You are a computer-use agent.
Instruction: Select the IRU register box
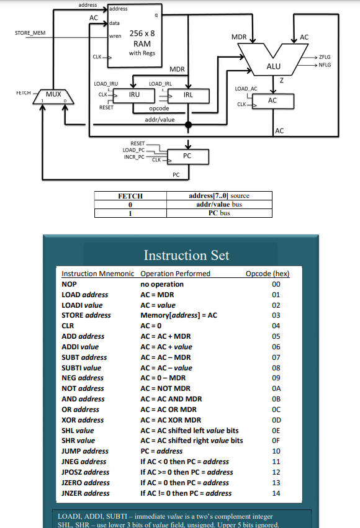134,95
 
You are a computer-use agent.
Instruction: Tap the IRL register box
188,95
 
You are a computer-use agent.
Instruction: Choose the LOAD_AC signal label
246,89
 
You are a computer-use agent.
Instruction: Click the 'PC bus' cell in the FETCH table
219,213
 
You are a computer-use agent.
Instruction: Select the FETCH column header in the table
130,196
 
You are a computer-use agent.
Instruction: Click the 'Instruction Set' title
186,255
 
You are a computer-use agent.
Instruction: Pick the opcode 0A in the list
276,388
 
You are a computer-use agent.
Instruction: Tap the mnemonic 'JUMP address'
85,451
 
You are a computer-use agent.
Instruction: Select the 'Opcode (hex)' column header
268,274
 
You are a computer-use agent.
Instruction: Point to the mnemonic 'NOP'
69,284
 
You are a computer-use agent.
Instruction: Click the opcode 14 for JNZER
276,493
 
